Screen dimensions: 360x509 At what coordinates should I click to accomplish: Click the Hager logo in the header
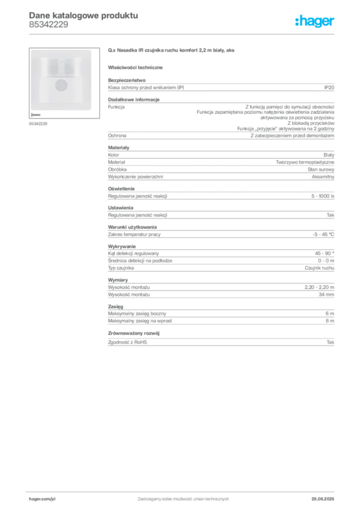pos(315,21)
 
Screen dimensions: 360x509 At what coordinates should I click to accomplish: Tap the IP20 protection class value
pos(329,87)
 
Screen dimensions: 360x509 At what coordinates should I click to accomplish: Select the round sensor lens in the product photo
pos(61,85)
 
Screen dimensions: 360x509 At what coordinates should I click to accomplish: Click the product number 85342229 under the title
pos(49,25)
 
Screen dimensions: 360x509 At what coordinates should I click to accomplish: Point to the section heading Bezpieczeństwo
pos(127,80)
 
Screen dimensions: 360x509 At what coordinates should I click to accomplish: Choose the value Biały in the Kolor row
pos(329,155)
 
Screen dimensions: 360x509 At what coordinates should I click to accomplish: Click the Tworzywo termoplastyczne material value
pos(305,163)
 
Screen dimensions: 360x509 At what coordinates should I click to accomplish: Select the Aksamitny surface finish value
pos(323,176)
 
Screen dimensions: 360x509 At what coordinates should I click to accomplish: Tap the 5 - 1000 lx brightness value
pos(323,196)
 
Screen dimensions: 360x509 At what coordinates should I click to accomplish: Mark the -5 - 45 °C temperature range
pos(323,235)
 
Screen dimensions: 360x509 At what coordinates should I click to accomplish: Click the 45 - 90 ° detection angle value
pos(324,253)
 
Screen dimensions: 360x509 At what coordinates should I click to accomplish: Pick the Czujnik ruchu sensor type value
pos(319,268)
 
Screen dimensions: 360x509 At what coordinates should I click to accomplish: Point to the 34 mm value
pos(326,294)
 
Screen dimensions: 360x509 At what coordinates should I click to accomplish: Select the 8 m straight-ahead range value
pos(330,321)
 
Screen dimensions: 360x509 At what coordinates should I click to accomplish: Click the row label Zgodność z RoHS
pos(127,342)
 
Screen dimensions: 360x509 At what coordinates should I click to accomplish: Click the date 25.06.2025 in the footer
pos(323,499)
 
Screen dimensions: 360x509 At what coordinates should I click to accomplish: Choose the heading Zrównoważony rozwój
pos(134,334)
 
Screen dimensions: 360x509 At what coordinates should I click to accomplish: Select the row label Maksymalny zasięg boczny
pos(137,314)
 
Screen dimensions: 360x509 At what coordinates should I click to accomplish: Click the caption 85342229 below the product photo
pos(38,124)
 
